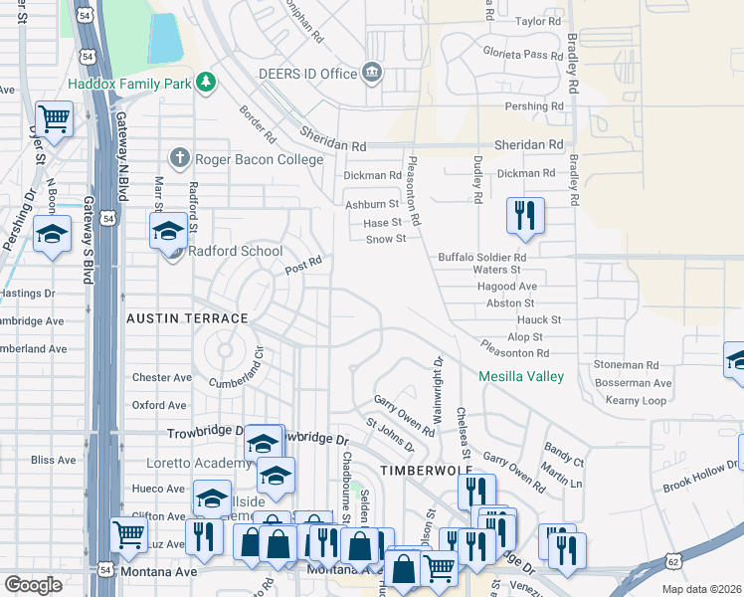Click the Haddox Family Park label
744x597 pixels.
click(x=129, y=85)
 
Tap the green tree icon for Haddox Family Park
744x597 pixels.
click(x=205, y=81)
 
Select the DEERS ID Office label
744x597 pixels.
click(x=307, y=74)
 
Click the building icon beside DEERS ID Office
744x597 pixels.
click(x=372, y=72)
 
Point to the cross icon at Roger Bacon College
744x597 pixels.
click(x=179, y=156)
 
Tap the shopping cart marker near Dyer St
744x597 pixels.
click(x=54, y=119)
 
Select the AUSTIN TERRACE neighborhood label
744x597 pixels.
click(x=187, y=318)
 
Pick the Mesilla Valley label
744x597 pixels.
click(x=521, y=377)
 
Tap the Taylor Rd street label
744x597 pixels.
click(x=539, y=21)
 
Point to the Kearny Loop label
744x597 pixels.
click(x=636, y=400)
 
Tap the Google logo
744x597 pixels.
click(x=33, y=585)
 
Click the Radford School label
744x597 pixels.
click(x=236, y=251)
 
